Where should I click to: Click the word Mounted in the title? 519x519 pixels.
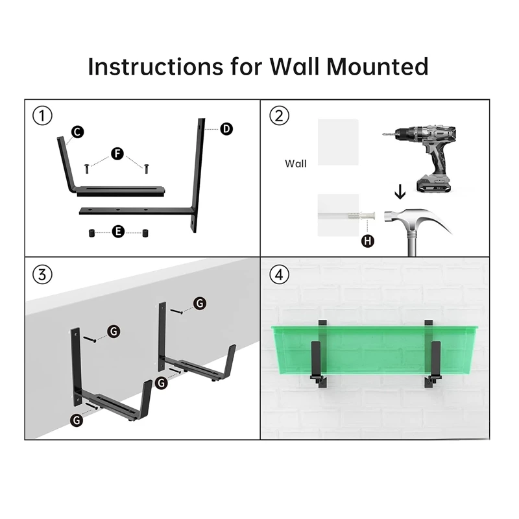(378, 67)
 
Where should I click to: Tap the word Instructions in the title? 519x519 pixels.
(156, 67)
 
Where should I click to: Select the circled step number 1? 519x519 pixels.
(42, 116)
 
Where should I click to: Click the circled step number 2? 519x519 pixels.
(280, 116)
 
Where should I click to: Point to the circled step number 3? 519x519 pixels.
(42, 274)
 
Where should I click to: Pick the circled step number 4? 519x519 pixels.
(280, 274)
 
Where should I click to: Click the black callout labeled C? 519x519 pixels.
(77, 132)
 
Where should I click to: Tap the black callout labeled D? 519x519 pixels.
(226, 128)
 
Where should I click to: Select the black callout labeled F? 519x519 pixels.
(117, 154)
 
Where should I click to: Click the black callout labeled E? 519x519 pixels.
(118, 232)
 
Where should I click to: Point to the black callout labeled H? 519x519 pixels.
(367, 241)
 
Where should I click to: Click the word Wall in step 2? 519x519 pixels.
(296, 163)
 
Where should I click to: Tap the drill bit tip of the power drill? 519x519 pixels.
(383, 135)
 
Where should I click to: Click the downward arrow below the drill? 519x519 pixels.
(400, 192)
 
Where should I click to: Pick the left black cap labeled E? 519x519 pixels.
(91, 233)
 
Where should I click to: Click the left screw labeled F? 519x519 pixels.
(87, 169)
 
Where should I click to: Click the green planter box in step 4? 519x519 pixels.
(374, 350)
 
